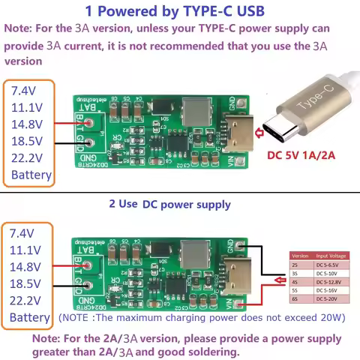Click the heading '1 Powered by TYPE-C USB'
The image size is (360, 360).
pyautogui.click(x=175, y=11)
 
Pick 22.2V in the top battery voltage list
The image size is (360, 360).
pyautogui.click(x=27, y=158)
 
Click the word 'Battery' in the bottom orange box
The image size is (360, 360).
pyautogui.click(x=31, y=318)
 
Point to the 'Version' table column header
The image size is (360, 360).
pyautogui.click(x=300, y=256)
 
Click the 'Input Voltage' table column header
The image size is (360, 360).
pyautogui.click(x=330, y=256)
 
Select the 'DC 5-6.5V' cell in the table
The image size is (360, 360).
pyautogui.click(x=330, y=265)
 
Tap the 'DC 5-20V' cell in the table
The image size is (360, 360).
pyautogui.click(x=330, y=298)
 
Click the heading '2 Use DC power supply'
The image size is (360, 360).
pyautogui.click(x=169, y=204)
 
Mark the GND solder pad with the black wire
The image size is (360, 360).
pyautogui.click(x=240, y=245)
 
